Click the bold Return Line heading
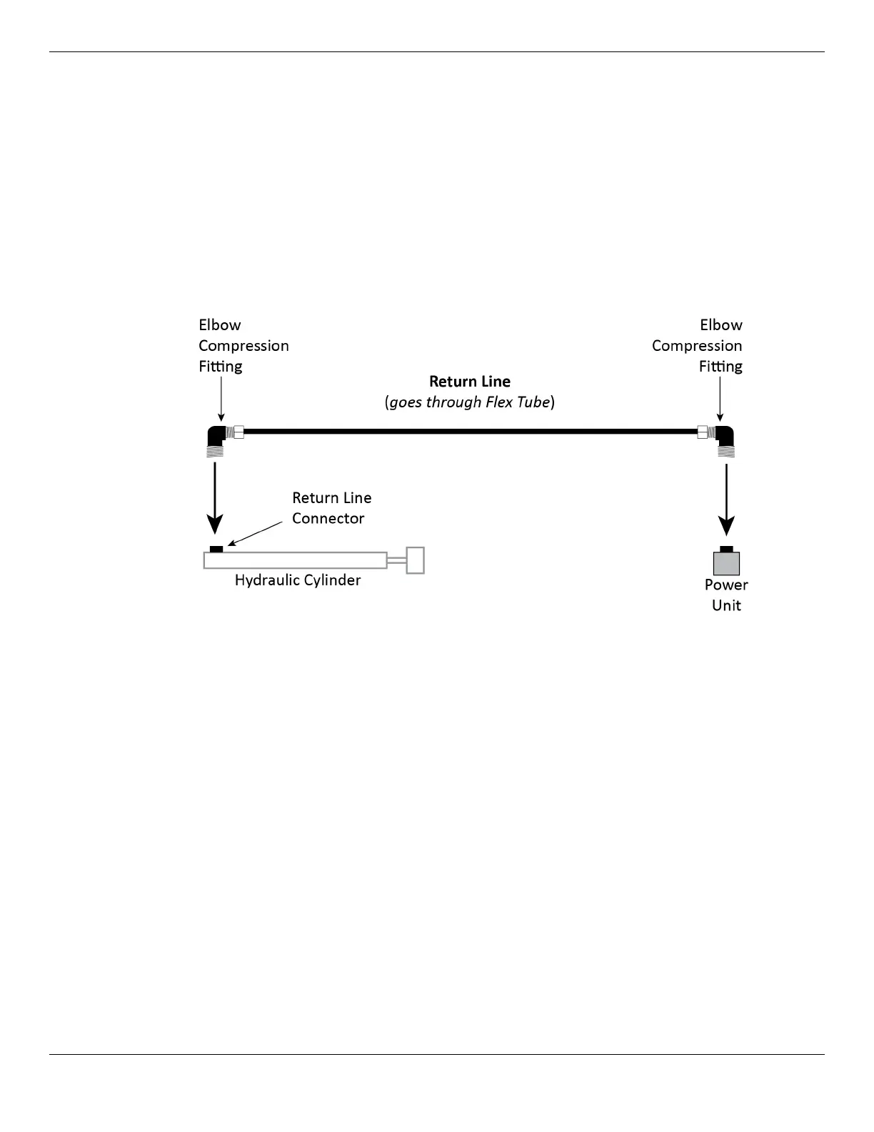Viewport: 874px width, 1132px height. click(x=470, y=382)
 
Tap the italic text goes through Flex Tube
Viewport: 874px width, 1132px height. click(x=470, y=402)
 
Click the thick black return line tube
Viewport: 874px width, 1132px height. click(x=470, y=432)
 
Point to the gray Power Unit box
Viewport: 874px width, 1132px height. click(x=726, y=564)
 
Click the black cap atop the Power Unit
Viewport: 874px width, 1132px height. click(x=726, y=549)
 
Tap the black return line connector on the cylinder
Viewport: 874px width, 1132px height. click(x=216, y=549)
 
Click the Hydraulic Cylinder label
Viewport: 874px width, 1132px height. click(x=298, y=580)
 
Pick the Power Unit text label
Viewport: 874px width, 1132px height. click(x=726, y=595)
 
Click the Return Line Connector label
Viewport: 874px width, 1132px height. click(x=331, y=508)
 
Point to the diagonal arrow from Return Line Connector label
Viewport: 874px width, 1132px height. click(x=255, y=534)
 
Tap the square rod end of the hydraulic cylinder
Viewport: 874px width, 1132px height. click(x=416, y=560)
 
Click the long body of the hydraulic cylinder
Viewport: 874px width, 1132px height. click(x=295, y=560)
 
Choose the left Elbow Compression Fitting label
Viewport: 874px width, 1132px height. click(x=243, y=346)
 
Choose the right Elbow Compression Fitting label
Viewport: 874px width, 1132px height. click(x=698, y=346)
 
